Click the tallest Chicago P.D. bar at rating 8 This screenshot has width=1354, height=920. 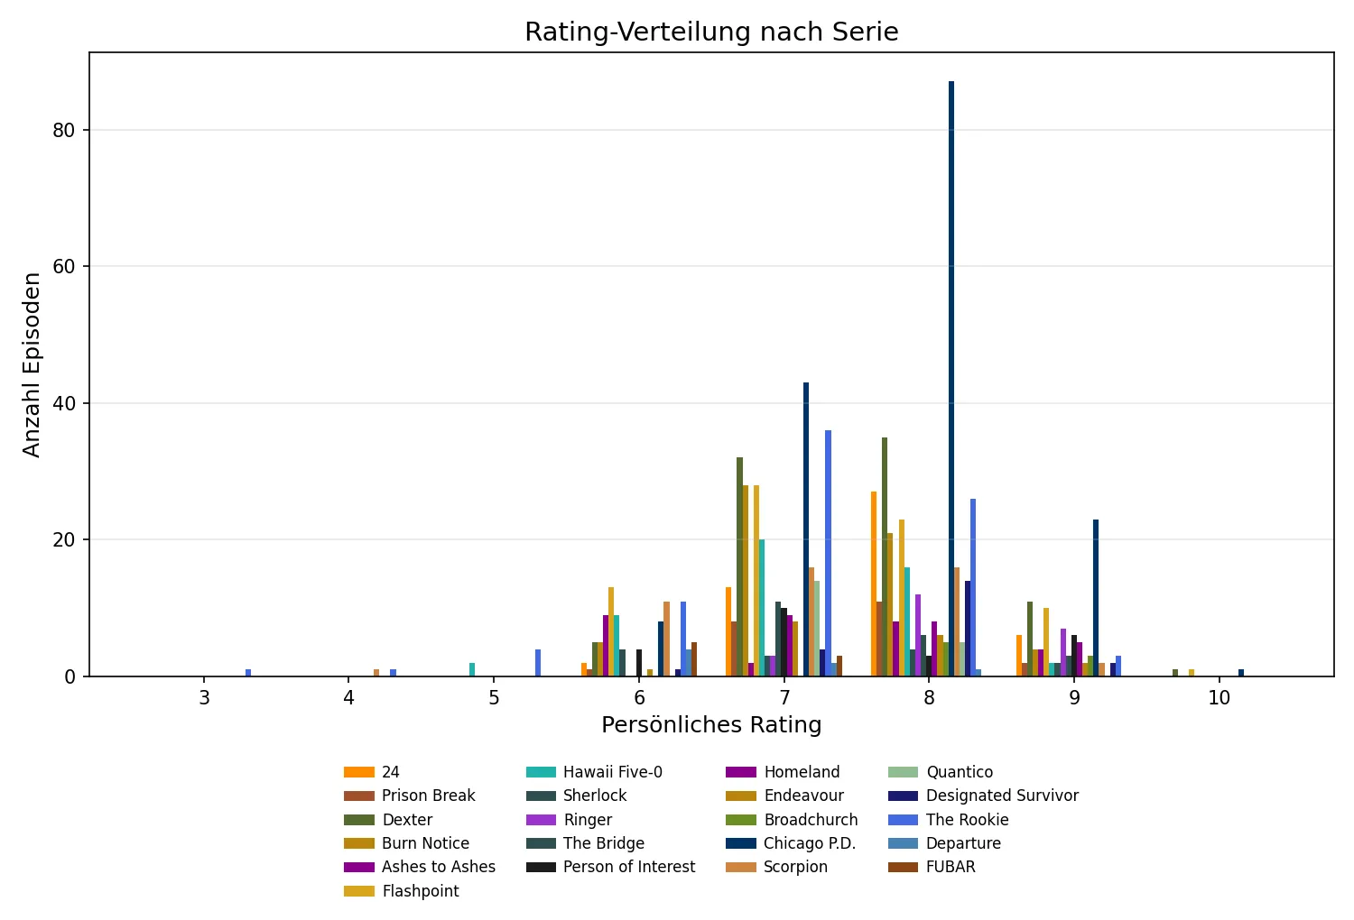click(951, 379)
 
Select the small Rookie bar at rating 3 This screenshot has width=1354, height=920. click(248, 673)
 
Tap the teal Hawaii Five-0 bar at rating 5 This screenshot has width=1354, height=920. click(472, 670)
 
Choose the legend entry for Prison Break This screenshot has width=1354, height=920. click(428, 796)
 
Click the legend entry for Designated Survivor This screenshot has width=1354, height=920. click(1002, 796)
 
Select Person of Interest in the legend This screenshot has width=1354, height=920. click(629, 867)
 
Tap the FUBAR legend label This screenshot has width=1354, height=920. click(951, 867)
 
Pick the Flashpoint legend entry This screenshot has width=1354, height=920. click(420, 891)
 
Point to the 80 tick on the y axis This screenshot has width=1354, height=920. click(64, 130)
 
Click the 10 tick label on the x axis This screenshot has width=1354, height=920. click(1219, 699)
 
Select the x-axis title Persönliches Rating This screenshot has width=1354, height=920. click(711, 725)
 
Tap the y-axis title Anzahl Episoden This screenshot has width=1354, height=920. click(32, 364)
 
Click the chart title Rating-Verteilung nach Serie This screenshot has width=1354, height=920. click(711, 32)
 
